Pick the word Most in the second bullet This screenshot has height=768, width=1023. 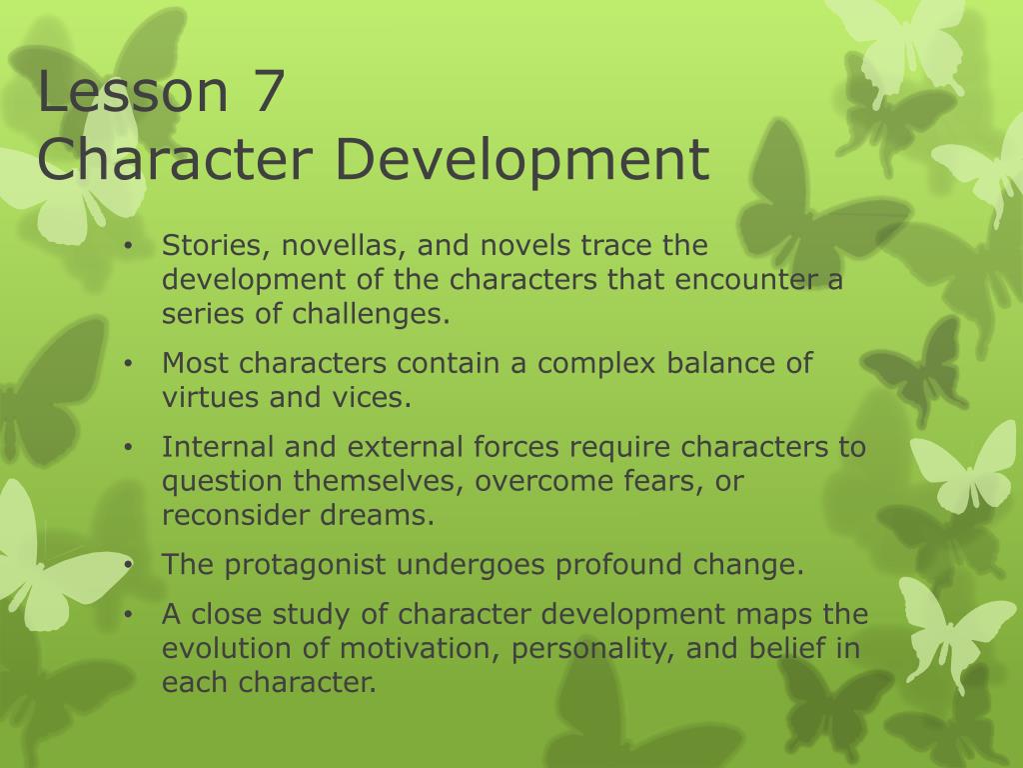coord(194,362)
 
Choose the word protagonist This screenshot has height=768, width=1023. coord(306,565)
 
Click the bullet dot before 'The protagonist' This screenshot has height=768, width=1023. coord(130,565)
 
